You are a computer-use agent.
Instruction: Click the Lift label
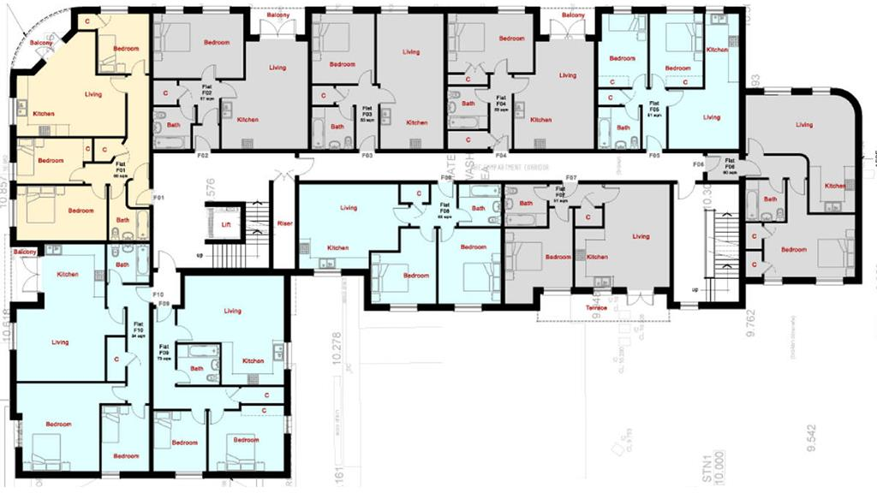tap(226, 223)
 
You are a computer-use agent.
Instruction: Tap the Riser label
tap(285, 223)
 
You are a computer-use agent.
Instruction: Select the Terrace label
tap(596, 307)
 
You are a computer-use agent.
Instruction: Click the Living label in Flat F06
tap(803, 125)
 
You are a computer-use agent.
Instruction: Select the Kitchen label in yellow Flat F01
tap(44, 114)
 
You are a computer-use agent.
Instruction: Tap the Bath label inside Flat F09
tap(197, 369)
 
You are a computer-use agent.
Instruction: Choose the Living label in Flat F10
tap(60, 342)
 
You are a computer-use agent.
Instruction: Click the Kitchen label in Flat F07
tap(597, 257)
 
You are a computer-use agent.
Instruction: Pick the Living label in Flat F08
tap(349, 208)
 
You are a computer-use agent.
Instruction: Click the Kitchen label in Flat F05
tap(717, 50)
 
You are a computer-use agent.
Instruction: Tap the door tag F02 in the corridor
tap(203, 157)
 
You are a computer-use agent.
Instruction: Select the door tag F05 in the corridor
tap(654, 157)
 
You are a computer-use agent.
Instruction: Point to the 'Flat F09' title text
tap(163, 348)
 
